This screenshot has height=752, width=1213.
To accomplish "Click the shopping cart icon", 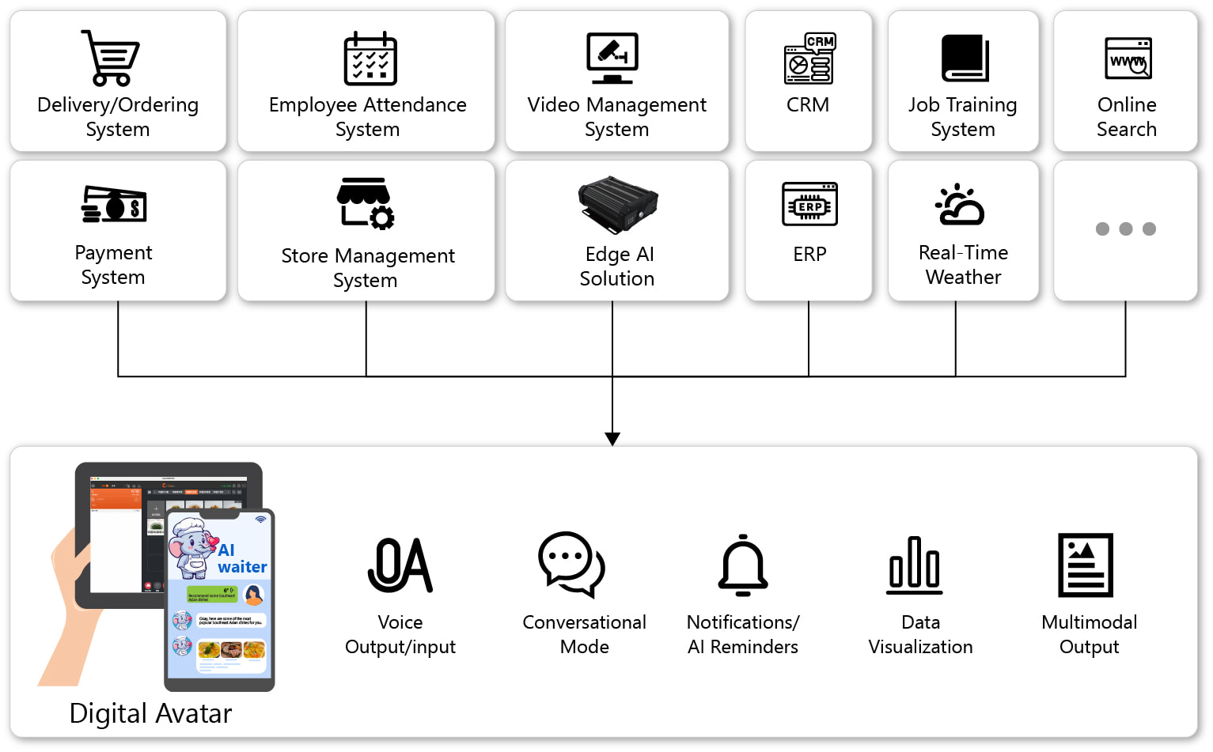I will tap(111, 58).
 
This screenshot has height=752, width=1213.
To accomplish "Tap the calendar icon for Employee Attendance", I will tap(370, 59).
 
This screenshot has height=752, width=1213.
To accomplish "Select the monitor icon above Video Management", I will tap(612, 58).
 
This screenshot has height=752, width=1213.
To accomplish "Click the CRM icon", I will tap(809, 59).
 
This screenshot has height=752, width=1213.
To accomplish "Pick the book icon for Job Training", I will tap(965, 58).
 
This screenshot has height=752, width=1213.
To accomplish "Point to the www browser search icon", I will tap(1128, 59).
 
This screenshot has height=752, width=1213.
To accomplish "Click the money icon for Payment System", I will tap(114, 204).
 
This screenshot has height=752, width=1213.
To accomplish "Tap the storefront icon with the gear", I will tap(365, 203).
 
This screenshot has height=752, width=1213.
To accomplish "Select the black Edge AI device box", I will tap(618, 204).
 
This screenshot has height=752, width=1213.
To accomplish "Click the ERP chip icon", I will tap(809, 204).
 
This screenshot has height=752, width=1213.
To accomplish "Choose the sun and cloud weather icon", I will tap(960, 205).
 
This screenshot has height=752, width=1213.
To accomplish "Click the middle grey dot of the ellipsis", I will tap(1125, 229).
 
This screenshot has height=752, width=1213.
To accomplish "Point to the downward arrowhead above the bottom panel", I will tap(612, 439).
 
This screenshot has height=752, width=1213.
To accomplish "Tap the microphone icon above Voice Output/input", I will tap(400, 565).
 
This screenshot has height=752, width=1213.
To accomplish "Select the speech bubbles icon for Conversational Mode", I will tap(571, 564).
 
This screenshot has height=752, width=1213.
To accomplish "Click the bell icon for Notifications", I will tap(743, 565).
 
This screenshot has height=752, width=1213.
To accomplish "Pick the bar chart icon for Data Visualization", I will tap(915, 565).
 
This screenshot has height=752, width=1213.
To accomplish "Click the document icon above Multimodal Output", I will tap(1086, 565).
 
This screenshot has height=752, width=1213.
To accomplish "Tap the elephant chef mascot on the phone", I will tap(191, 546).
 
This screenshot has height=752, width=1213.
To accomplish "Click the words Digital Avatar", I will tap(150, 713).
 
